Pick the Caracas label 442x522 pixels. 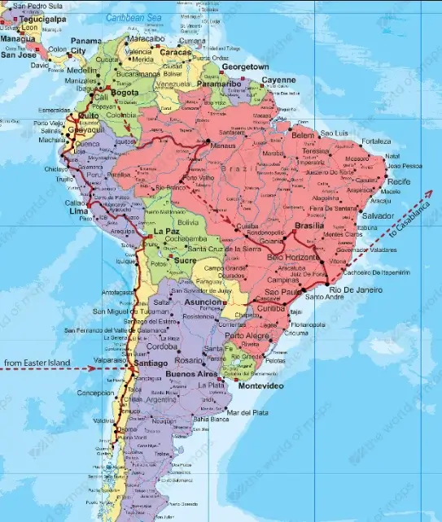pyautogui.click(x=176, y=52)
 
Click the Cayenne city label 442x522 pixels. pyautogui.click(x=278, y=80)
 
